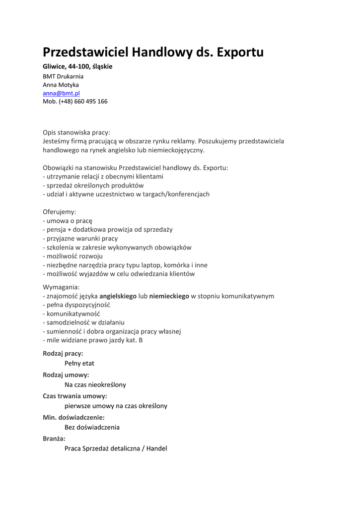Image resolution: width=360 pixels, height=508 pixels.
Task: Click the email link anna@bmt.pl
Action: coord(61,93)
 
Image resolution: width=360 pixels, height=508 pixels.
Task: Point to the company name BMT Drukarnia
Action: coord(63,76)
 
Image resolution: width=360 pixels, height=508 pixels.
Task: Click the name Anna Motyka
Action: coord(61,85)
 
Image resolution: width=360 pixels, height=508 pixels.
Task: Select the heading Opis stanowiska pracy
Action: coord(76,132)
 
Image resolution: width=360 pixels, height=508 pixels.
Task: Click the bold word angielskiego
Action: coord(118,296)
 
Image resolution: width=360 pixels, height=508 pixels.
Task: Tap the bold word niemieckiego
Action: coord(169,296)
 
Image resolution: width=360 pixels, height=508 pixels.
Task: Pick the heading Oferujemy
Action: coord(60,212)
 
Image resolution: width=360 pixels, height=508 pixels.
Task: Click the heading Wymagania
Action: coord(61,287)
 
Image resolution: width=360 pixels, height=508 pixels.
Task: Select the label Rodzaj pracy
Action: coord(63,354)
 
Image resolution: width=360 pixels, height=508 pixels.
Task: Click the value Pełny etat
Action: coord(79,363)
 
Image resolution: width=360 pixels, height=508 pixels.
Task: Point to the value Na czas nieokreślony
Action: coord(95,384)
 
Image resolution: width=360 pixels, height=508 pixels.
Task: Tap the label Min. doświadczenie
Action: coord(73,418)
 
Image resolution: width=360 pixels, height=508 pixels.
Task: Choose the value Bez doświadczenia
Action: coord(92,427)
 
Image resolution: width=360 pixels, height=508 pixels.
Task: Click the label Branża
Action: coord(54,439)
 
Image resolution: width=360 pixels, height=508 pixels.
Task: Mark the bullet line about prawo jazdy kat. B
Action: coord(93,340)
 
